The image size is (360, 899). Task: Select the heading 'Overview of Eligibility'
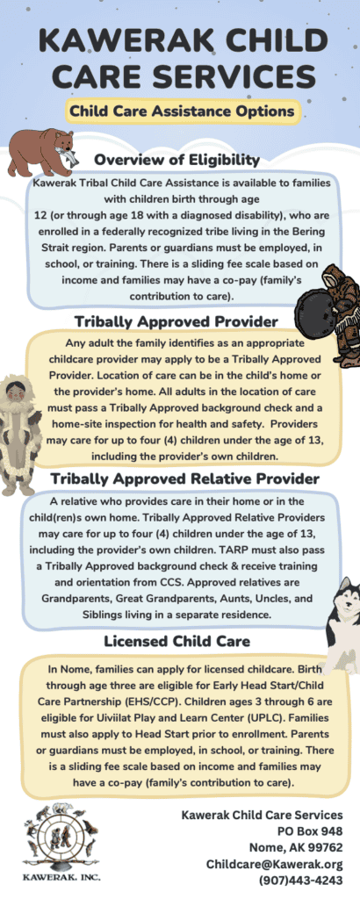pos(176,159)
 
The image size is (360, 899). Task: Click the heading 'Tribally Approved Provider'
pos(176,321)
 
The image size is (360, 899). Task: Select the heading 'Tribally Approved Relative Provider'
pos(184,478)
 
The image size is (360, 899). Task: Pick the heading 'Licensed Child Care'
pos(176,640)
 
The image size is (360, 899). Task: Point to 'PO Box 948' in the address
pos(310,831)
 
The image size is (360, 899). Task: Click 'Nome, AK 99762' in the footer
pos(296,847)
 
